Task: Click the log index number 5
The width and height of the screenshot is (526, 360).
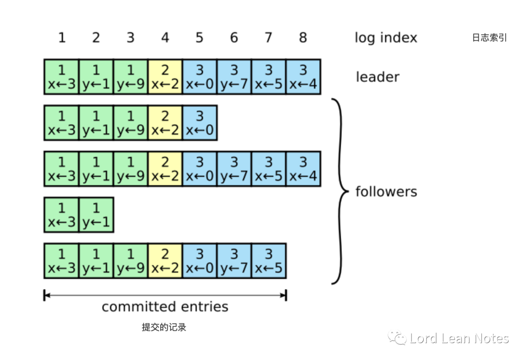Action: point(199,38)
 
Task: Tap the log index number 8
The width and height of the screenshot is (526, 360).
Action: point(303,38)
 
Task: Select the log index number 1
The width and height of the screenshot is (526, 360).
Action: point(61,38)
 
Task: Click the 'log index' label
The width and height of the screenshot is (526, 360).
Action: point(386,38)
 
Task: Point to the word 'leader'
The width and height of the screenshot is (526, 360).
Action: point(377,77)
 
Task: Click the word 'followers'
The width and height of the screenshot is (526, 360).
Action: point(386,191)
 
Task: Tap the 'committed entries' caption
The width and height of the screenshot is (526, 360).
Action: point(165,307)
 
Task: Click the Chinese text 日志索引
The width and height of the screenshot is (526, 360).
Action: point(489,38)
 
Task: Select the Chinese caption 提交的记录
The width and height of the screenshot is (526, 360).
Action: point(164,327)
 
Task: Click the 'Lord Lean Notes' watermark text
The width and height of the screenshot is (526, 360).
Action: point(459,339)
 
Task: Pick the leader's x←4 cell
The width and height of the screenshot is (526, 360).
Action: point(303,77)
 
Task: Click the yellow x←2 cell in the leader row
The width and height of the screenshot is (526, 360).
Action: point(165,77)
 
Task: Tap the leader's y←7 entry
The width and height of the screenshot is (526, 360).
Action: point(234,77)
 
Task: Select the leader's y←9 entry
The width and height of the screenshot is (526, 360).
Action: point(131,77)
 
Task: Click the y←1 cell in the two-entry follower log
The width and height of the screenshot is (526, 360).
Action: point(96,215)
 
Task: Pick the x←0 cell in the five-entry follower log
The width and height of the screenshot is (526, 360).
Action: point(200,123)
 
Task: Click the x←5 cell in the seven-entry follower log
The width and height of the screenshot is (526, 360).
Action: point(269,261)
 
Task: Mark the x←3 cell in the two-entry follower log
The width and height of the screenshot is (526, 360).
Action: point(61,215)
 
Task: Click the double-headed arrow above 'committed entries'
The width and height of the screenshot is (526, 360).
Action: point(165,295)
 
